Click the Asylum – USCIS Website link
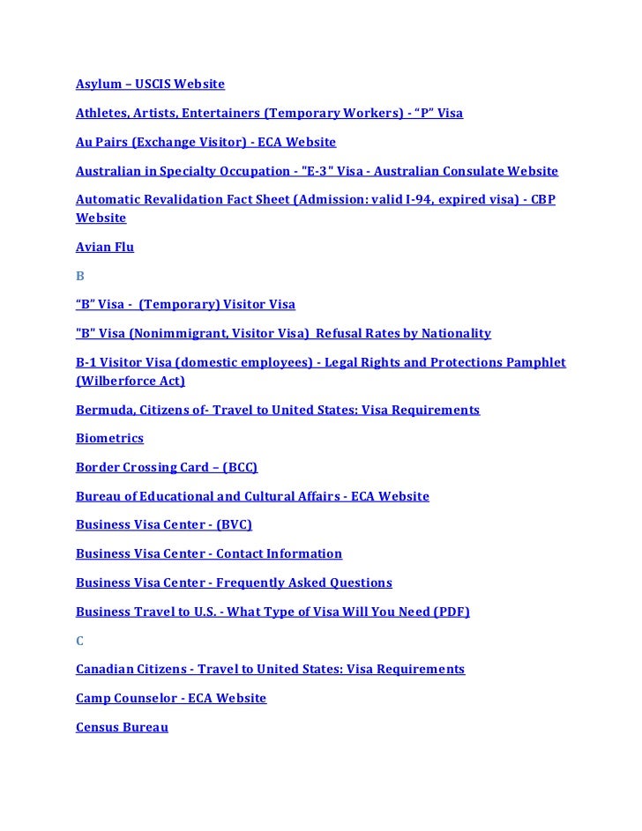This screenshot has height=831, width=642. [150, 85]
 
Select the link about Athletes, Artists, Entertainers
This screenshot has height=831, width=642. [269, 114]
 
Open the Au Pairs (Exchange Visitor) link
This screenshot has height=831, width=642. [205, 142]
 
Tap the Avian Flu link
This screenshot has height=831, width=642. [104, 247]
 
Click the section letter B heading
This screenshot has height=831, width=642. [80, 276]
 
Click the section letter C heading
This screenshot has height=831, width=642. [80, 641]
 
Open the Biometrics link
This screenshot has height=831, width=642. [109, 439]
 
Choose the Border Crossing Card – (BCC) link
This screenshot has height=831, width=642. [166, 467]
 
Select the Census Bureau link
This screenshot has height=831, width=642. [122, 728]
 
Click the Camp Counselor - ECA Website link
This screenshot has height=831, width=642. [170, 698]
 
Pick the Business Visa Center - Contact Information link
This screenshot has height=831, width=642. [208, 553]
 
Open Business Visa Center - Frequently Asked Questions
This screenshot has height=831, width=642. [234, 582]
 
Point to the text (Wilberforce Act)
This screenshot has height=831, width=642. [131, 382]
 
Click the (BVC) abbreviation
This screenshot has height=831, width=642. [234, 524]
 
